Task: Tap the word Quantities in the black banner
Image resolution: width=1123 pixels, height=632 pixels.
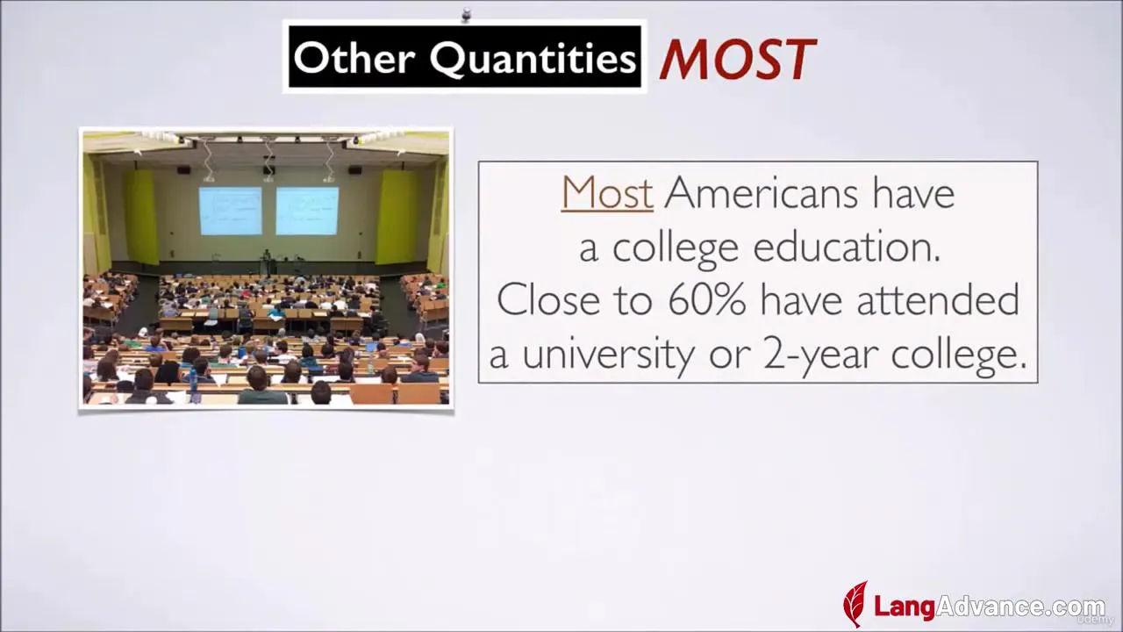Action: tap(533, 59)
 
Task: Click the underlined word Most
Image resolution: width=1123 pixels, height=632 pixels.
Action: tap(607, 192)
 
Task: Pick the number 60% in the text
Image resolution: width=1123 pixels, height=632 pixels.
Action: tap(707, 299)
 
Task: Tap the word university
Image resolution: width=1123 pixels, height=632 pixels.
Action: tap(608, 354)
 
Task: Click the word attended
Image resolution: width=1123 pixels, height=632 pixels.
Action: tap(938, 299)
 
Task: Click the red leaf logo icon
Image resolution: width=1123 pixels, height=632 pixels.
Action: tap(855, 604)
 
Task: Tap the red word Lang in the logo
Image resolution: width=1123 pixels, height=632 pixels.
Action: tap(905, 607)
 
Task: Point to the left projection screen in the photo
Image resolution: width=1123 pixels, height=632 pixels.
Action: tap(230, 212)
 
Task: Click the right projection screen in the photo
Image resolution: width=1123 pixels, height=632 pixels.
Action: tap(307, 212)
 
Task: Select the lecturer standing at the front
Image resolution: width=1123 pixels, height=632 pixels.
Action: tap(266, 262)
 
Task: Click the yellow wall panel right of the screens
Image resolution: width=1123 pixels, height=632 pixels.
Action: tap(397, 217)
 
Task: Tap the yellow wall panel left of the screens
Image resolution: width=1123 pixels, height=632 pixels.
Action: tap(141, 216)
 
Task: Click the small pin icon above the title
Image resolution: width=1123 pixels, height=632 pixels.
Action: tap(466, 15)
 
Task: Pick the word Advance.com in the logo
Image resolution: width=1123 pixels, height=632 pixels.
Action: tap(1020, 607)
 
